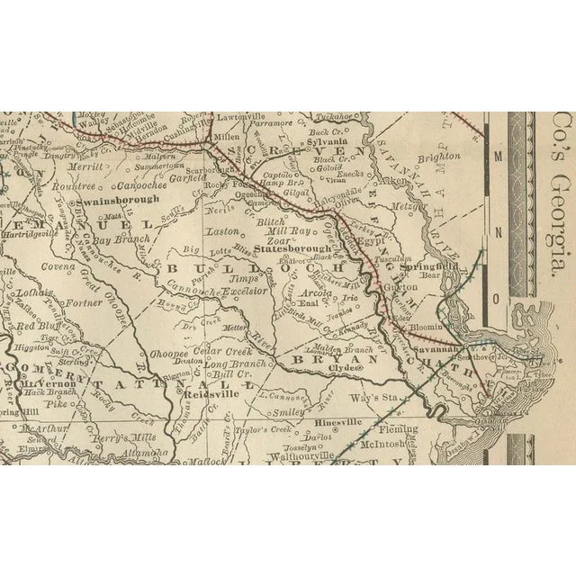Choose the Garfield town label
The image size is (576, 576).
point(189,178)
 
